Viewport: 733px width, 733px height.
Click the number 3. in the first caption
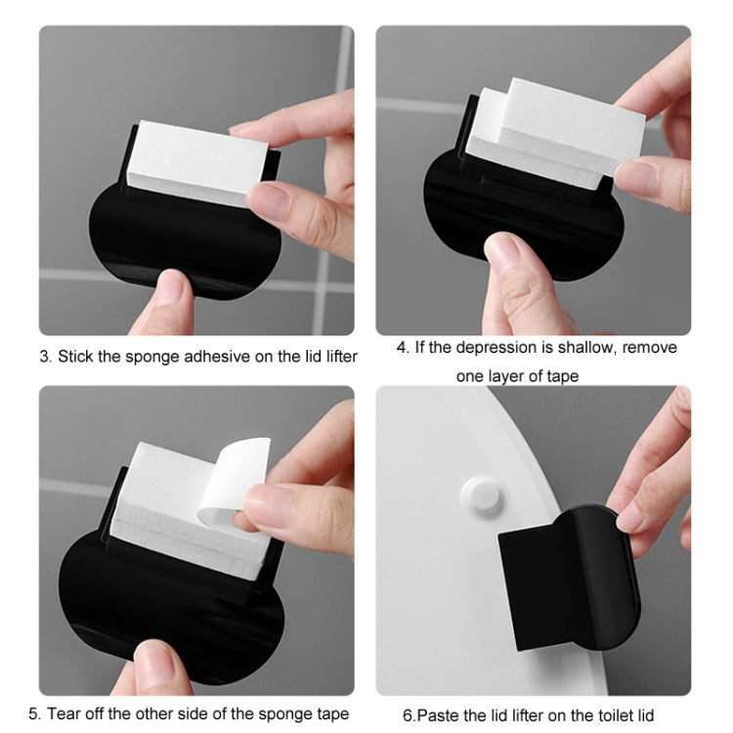point(45,357)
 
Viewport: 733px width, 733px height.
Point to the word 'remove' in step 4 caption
point(650,348)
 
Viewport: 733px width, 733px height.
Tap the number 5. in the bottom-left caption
point(35,713)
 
